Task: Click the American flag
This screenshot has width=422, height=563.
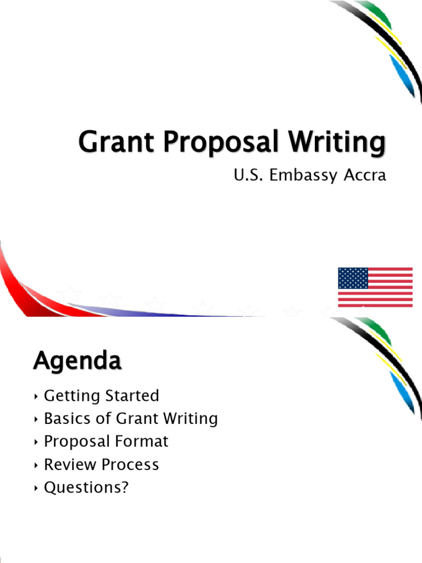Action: pyautogui.click(x=375, y=287)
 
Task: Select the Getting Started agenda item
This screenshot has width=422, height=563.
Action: pyautogui.click(x=101, y=396)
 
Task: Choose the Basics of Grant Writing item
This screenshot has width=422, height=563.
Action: pyautogui.click(x=131, y=418)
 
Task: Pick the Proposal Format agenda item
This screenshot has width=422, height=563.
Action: pyautogui.click(x=106, y=441)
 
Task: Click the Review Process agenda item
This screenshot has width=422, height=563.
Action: pyautogui.click(x=101, y=464)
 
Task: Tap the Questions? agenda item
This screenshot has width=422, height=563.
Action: pyautogui.click(x=86, y=487)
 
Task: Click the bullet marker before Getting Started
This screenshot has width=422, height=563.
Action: pyautogui.click(x=36, y=396)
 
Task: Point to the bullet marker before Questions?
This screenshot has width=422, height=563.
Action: pyautogui.click(x=36, y=488)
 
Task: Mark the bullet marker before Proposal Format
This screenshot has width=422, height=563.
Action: pyautogui.click(x=36, y=441)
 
